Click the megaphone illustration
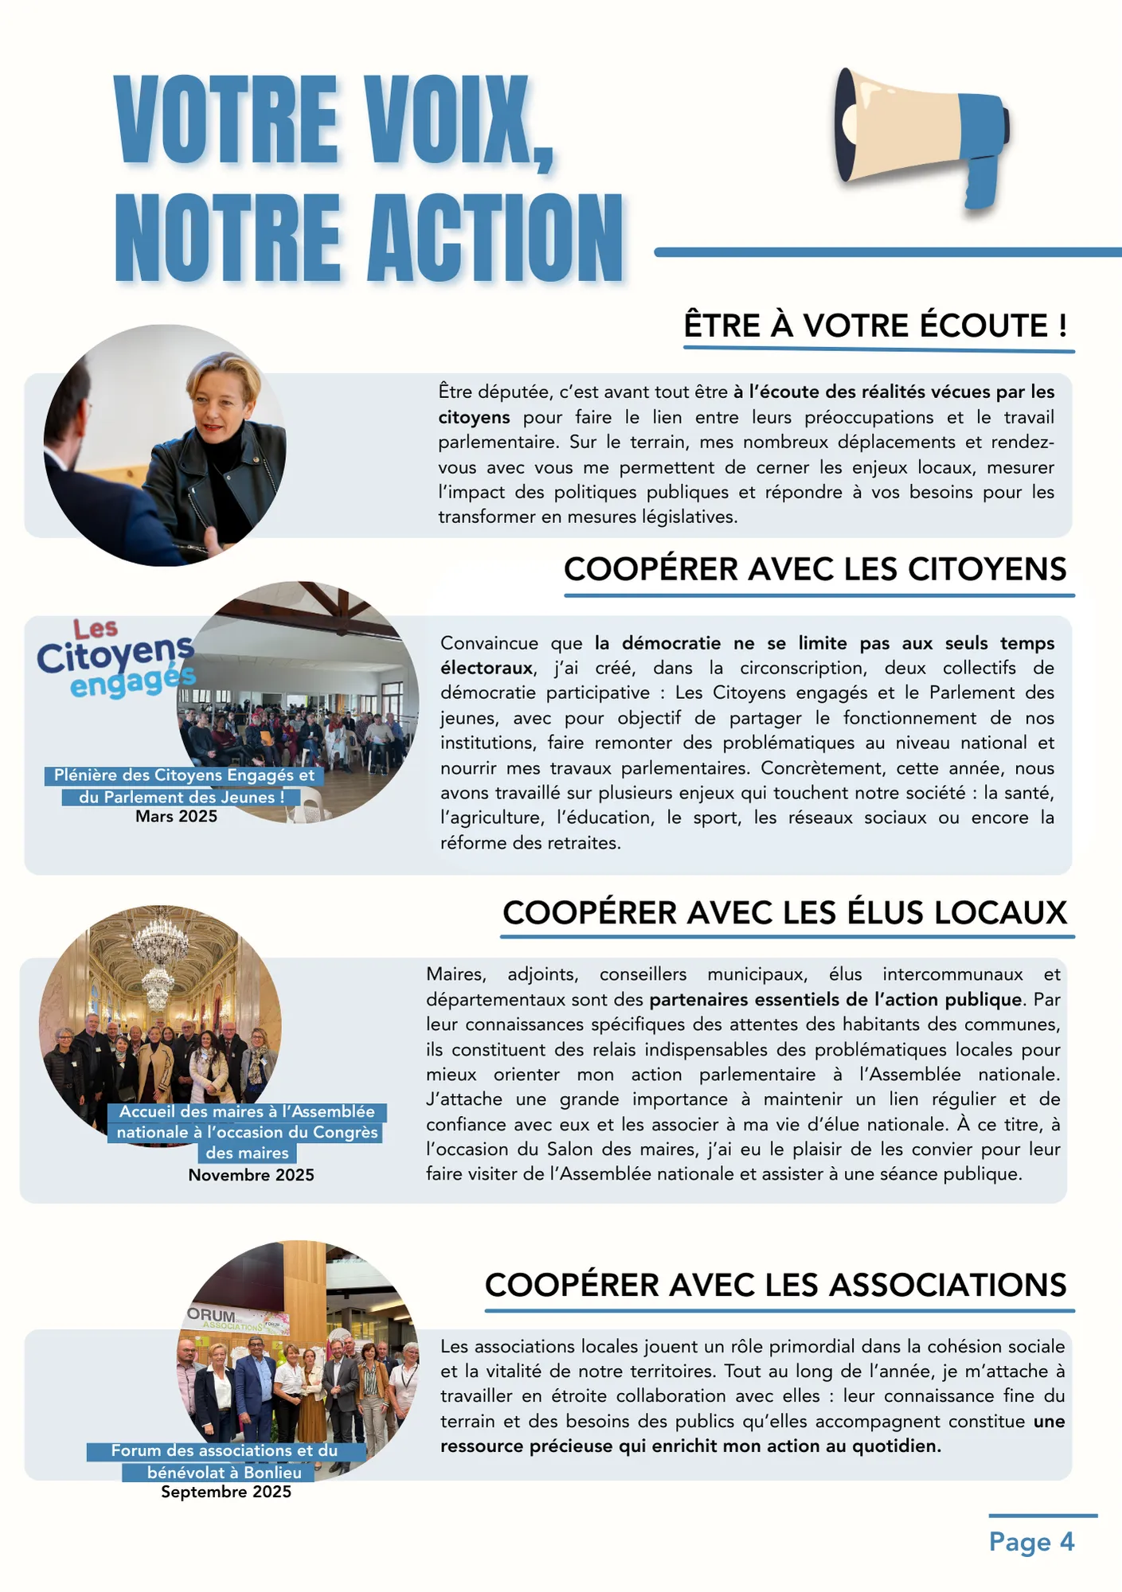920,135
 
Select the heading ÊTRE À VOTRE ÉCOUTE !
875,326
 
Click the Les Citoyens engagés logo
116,659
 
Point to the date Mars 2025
176,817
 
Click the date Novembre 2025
251,1175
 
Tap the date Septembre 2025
226,1492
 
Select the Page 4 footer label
1031,1542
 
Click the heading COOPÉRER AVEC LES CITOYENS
815,569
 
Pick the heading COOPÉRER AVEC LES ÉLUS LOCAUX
784,913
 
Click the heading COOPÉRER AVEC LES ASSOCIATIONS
776,1286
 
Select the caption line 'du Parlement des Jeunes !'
182,797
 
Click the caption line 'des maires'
247,1153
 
